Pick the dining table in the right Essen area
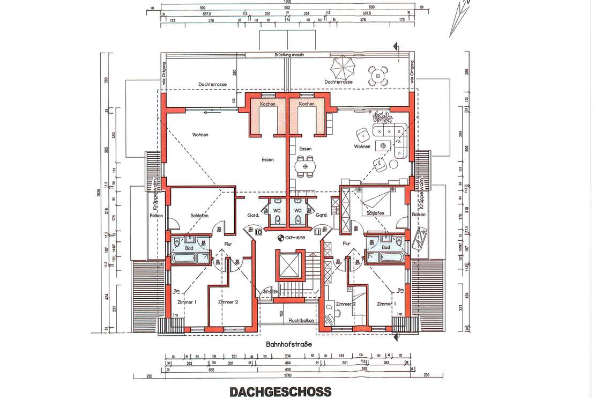(x=306, y=166)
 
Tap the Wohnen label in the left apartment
(x=198, y=135)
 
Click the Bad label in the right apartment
(x=385, y=247)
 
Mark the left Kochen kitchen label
(x=267, y=104)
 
